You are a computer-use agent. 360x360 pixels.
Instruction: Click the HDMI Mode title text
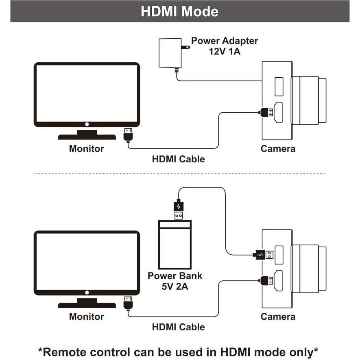tap(179, 11)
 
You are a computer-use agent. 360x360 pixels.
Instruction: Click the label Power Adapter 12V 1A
tap(225, 46)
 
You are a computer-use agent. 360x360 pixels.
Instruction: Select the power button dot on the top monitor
tap(87, 124)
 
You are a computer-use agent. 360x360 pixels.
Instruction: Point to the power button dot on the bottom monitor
tap(87, 292)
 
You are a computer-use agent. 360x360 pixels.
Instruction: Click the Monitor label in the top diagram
tap(86, 148)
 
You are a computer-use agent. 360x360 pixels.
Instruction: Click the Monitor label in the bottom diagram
tap(86, 316)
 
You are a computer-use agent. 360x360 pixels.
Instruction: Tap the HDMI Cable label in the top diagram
tap(178, 159)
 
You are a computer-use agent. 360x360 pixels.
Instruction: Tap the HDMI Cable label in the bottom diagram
tap(178, 327)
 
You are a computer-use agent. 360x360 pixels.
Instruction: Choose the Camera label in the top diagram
tap(278, 148)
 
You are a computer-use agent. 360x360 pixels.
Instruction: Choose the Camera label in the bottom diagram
tap(278, 316)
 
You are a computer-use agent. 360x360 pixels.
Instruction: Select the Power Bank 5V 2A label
tap(175, 281)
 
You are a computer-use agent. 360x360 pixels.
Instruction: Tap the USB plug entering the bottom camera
tap(263, 255)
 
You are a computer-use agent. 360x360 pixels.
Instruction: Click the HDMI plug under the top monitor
tap(128, 135)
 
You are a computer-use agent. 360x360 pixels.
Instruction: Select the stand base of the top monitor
tap(87, 137)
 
